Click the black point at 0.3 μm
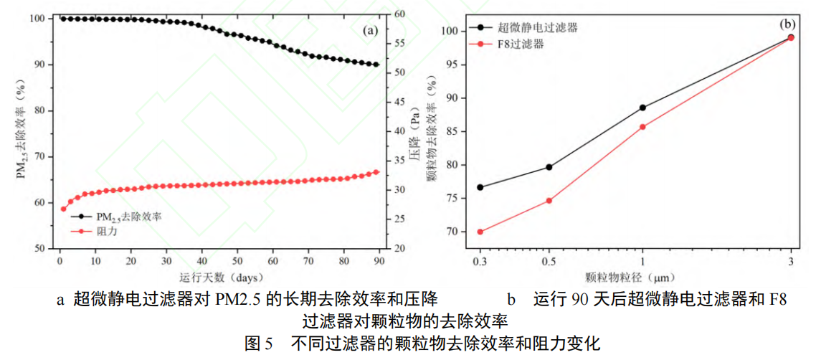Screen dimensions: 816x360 click(x=480, y=187)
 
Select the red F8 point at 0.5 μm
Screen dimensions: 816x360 click(x=549, y=200)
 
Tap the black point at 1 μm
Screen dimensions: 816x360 click(x=642, y=108)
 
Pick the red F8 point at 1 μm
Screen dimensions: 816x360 click(x=642, y=126)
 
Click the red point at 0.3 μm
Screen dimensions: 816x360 click(x=480, y=232)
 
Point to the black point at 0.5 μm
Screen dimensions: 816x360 click(x=549, y=167)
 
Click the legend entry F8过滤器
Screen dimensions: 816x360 click(x=508, y=44)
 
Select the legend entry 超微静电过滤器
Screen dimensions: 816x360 click(x=523, y=28)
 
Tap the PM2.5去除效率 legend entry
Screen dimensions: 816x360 click(x=115, y=217)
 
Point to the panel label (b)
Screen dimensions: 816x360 click(x=787, y=24)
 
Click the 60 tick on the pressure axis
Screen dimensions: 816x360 click(x=393, y=14)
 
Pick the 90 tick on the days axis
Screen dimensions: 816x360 click(x=379, y=261)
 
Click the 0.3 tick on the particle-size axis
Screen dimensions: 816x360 click(x=480, y=261)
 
